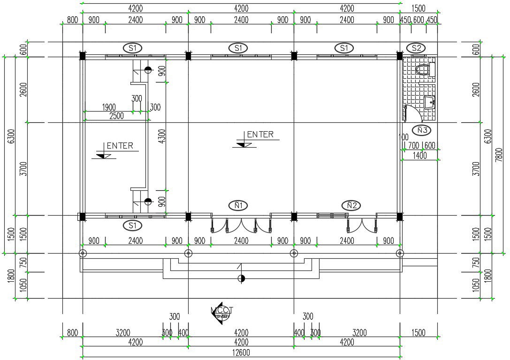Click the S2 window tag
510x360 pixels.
point(416,48)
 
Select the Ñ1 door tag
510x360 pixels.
point(238,205)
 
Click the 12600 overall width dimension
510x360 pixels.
point(241,352)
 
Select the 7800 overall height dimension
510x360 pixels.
point(499,155)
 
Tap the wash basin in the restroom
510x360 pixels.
point(430,102)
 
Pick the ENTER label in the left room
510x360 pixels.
point(119,146)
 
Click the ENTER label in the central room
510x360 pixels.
point(259,135)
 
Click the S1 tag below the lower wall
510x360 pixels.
point(132,225)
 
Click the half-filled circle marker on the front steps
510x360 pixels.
point(241,278)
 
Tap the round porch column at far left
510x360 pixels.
point(83,254)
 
